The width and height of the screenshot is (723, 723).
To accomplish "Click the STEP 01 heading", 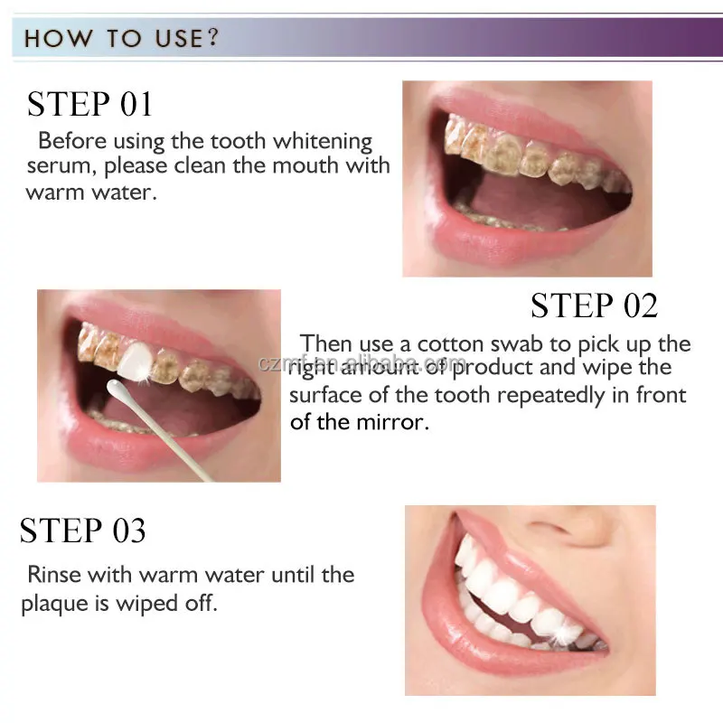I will click(x=89, y=104).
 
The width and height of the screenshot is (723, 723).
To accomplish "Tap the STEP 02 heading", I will click(x=594, y=305).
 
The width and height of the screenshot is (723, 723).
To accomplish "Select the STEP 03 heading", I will click(x=82, y=531).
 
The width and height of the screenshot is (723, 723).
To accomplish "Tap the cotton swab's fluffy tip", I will click(x=119, y=391).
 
